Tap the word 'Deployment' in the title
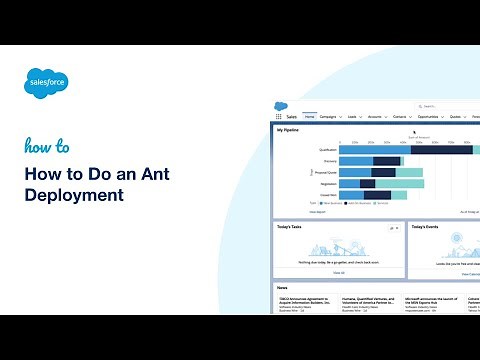(x=75, y=195)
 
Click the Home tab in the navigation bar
(x=309, y=117)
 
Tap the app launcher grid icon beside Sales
(x=278, y=117)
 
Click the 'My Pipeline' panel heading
(x=288, y=129)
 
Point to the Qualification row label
(x=328, y=149)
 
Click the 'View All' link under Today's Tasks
(x=339, y=272)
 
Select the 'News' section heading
(x=283, y=288)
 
